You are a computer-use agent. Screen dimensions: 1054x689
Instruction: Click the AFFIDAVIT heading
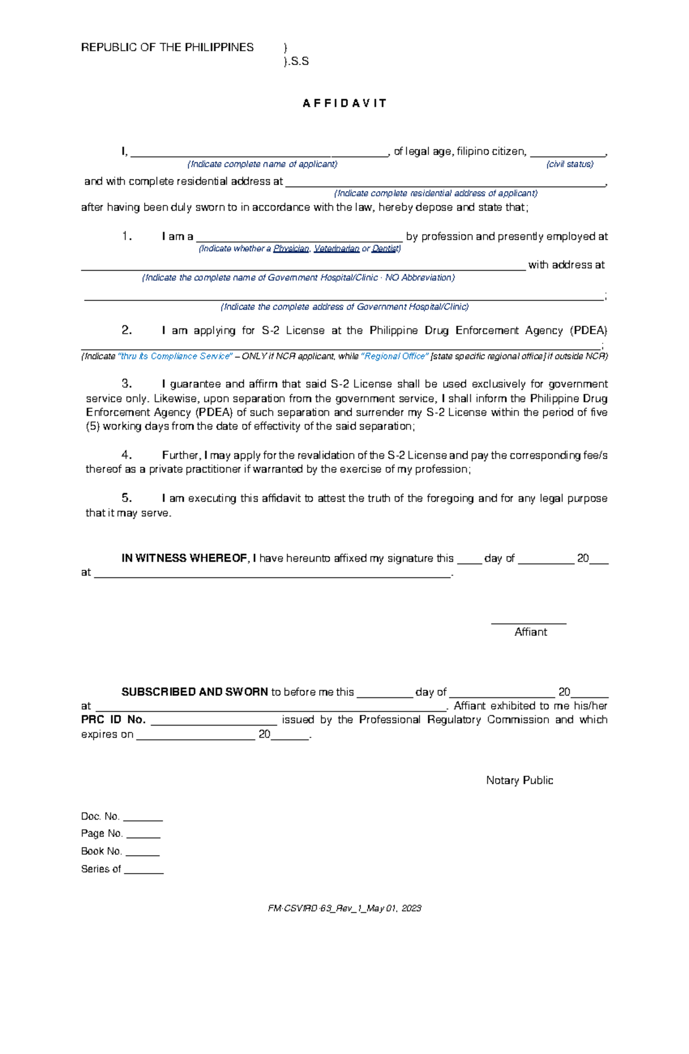pos(344,103)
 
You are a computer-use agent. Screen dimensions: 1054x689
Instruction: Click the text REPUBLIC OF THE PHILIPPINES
pos(167,48)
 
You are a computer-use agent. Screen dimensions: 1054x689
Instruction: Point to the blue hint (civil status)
pos(570,164)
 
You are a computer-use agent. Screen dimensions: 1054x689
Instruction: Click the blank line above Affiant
pos(529,622)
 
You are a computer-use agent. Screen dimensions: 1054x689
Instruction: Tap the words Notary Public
pos(519,780)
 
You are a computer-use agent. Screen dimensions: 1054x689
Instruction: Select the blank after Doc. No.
pos(143,820)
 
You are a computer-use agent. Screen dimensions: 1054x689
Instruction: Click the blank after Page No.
pos(143,837)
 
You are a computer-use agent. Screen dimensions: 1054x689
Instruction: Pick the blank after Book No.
pos(142,855)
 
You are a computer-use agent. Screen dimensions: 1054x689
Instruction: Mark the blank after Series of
pos(144,872)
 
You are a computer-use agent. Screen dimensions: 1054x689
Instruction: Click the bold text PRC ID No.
pos(113,720)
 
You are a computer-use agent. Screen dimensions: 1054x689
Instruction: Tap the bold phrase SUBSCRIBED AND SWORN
pos(195,692)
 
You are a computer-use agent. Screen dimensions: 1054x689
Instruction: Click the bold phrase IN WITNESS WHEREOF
pos(184,558)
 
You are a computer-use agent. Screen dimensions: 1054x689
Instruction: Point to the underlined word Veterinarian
pos(336,249)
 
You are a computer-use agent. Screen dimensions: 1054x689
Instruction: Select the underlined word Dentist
pos(385,249)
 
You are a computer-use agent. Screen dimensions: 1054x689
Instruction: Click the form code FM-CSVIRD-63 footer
pos(344,908)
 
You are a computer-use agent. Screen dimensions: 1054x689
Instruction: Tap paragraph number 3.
pos(127,384)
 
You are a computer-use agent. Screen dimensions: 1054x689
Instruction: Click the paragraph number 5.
pos(127,498)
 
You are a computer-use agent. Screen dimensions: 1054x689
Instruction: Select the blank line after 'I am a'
pos(299,240)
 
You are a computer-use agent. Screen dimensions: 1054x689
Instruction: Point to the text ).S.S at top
pos(296,61)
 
